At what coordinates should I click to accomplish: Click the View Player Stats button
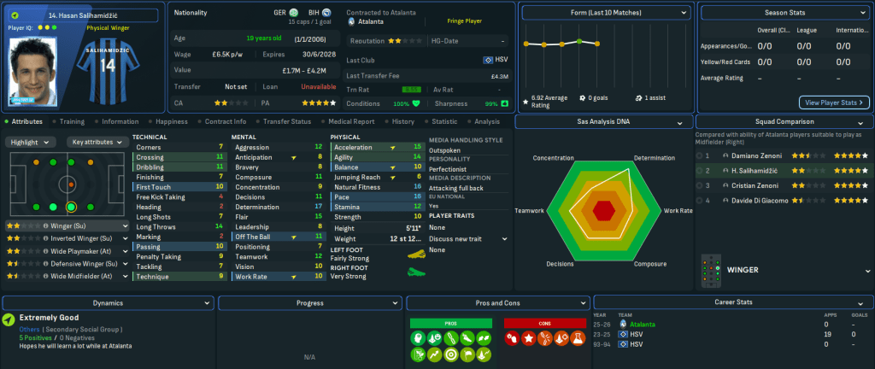(x=834, y=102)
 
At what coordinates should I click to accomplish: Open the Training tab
(x=72, y=121)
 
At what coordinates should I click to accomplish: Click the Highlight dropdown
(x=32, y=142)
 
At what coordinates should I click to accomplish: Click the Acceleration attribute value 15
(x=417, y=147)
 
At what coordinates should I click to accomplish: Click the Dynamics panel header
(x=108, y=302)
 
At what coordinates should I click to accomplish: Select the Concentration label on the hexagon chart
(x=553, y=158)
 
